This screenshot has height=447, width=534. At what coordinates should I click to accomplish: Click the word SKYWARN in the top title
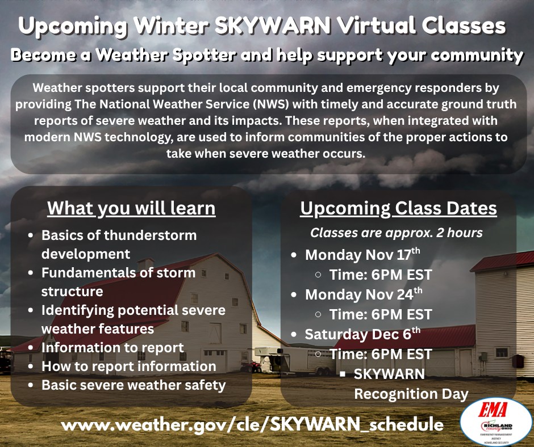click(x=273, y=26)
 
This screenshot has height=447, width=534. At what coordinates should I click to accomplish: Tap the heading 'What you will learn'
click(x=131, y=208)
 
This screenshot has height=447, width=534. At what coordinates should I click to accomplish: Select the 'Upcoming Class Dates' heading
click(x=398, y=208)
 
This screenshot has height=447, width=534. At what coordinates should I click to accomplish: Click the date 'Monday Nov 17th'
click(x=362, y=255)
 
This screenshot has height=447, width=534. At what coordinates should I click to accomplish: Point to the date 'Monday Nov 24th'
click(x=364, y=294)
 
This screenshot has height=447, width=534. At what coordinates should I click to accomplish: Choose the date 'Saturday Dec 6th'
click(x=362, y=334)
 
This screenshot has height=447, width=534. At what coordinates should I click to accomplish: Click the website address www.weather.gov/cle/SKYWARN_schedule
click(x=252, y=424)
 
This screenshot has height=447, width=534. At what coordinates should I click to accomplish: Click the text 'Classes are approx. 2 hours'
click(x=397, y=233)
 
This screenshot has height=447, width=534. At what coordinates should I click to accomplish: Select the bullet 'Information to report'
click(x=112, y=348)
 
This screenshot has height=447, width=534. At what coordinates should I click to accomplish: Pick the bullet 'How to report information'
click(x=129, y=366)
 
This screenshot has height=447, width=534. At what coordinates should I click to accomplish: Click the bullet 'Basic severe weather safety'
click(x=133, y=385)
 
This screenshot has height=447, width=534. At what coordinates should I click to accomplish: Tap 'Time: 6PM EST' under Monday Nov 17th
click(x=381, y=275)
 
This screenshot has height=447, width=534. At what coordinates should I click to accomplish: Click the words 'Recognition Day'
click(x=411, y=394)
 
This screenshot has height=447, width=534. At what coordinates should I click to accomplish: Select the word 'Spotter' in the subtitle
click(x=204, y=55)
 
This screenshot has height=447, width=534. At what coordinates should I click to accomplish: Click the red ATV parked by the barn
click(x=251, y=366)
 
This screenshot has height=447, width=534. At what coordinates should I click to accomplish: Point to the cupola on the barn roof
click(x=146, y=263)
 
